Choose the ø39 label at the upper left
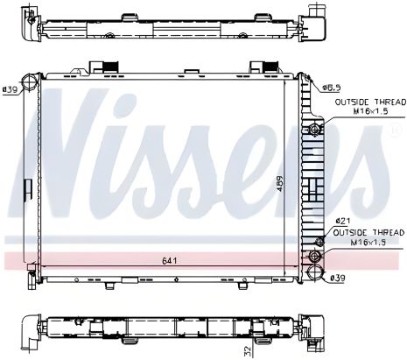point(11,88)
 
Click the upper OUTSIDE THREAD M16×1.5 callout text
point(359,108)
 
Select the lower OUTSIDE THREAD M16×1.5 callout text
point(359,236)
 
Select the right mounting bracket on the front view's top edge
point(258,67)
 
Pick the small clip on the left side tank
point(28,191)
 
